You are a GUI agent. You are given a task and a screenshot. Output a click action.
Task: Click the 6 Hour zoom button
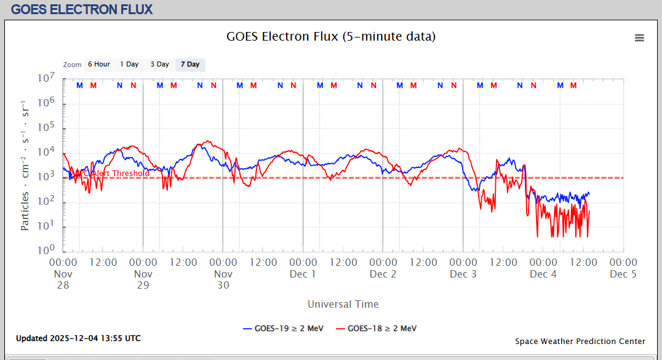coord(98,65)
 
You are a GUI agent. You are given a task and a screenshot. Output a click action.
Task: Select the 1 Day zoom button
coord(129,65)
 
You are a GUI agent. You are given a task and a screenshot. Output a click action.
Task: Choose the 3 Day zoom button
coord(160,65)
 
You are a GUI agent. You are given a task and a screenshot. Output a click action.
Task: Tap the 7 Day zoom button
coord(190,65)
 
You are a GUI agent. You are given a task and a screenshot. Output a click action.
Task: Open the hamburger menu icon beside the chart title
coord(639,38)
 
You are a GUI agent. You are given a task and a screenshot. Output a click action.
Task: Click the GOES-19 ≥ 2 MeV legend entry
coord(283,329)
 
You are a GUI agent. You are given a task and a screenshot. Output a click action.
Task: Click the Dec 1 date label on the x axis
coord(303,274)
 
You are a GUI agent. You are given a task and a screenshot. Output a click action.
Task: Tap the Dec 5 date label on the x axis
coord(623,274)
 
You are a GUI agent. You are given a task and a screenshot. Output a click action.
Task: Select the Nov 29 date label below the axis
coord(143,279)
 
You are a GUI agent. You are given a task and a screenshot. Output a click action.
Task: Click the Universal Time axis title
coord(343,304)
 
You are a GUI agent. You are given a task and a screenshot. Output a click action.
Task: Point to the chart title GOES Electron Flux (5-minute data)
coord(331,37)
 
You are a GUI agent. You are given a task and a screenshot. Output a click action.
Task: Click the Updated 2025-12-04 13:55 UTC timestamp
coord(78,338)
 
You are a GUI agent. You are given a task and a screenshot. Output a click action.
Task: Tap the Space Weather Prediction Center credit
coord(580,342)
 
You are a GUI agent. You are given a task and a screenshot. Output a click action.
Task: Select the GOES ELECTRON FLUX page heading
coord(82,9)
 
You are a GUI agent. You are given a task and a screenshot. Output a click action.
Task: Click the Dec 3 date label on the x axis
coord(463,274)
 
